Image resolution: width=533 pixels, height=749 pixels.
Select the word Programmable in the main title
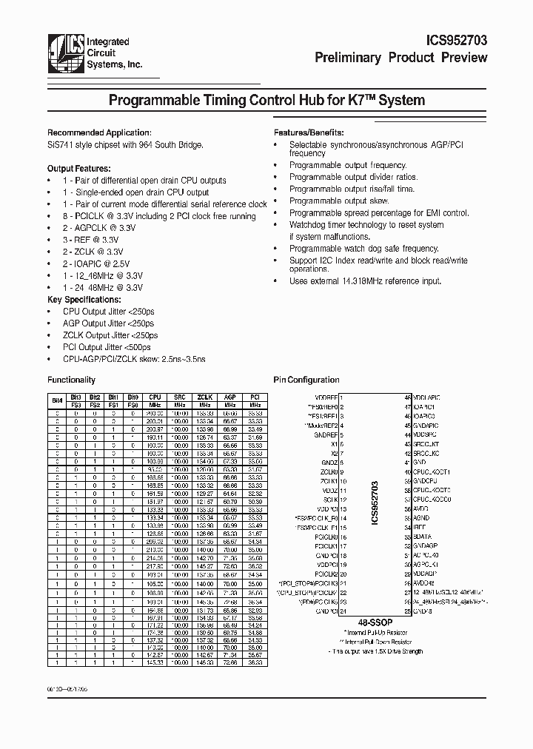153,101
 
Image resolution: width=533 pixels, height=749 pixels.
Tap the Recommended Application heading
90,132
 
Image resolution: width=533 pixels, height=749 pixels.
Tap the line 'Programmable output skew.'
338,201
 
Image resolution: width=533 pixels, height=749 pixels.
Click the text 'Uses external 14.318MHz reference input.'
365,281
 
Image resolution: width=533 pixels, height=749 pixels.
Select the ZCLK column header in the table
205,397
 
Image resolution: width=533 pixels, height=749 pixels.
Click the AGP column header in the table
229,397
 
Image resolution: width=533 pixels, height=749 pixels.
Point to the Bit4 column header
57,400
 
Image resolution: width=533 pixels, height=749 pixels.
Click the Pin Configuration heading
306,380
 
